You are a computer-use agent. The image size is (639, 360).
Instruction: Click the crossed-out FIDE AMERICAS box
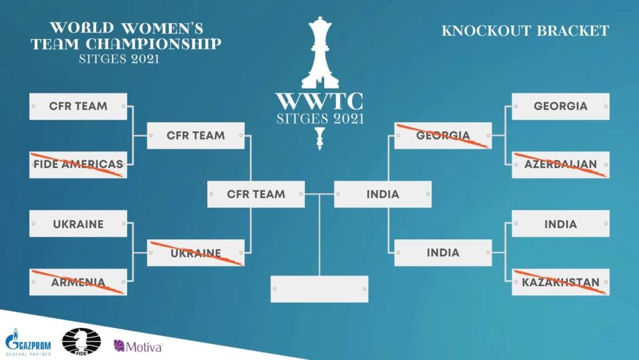[x=78, y=164]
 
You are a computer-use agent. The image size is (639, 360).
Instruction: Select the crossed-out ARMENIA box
[x=78, y=282]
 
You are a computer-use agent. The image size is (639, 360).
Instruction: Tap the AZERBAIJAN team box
[x=560, y=164]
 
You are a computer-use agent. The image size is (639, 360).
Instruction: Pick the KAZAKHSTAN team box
[x=560, y=282]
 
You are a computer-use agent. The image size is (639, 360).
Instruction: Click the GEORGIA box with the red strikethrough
[x=443, y=136]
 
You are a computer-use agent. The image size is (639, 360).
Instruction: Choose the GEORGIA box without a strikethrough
[x=560, y=106]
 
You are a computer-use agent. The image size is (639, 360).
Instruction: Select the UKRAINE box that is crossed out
[x=196, y=253]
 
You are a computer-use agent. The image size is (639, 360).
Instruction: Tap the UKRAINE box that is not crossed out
[x=78, y=224]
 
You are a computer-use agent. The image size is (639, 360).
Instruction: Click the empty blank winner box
[x=319, y=289]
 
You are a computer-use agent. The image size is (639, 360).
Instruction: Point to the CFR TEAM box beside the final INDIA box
[x=256, y=194]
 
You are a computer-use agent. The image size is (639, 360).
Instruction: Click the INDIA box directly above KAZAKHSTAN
[x=560, y=224]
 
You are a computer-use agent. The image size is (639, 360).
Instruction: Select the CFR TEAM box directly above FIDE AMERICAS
[x=78, y=106]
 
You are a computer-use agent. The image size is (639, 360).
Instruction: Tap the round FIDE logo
[x=73, y=342]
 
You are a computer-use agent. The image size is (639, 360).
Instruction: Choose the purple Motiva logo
[x=137, y=346]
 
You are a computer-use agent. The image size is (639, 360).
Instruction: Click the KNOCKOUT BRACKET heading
[x=525, y=31]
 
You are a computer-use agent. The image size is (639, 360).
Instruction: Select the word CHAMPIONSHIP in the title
[x=163, y=44]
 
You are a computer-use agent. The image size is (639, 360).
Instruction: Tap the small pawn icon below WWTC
[x=319, y=137]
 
